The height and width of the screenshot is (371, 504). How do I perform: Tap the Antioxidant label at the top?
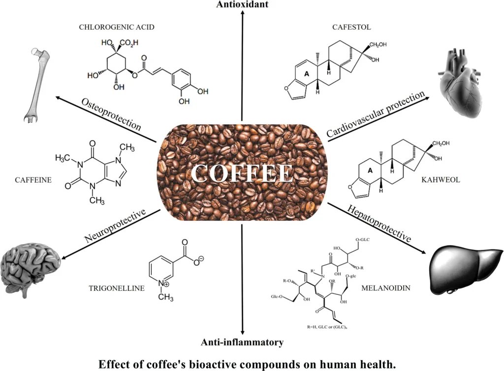pyautogui.click(x=242, y=4)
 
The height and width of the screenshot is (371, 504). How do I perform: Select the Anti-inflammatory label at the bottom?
pyautogui.click(x=242, y=341)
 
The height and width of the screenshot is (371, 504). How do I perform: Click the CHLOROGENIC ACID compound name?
pyautogui.click(x=117, y=27)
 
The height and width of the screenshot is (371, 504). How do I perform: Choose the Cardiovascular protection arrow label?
pyautogui.click(x=375, y=115)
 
